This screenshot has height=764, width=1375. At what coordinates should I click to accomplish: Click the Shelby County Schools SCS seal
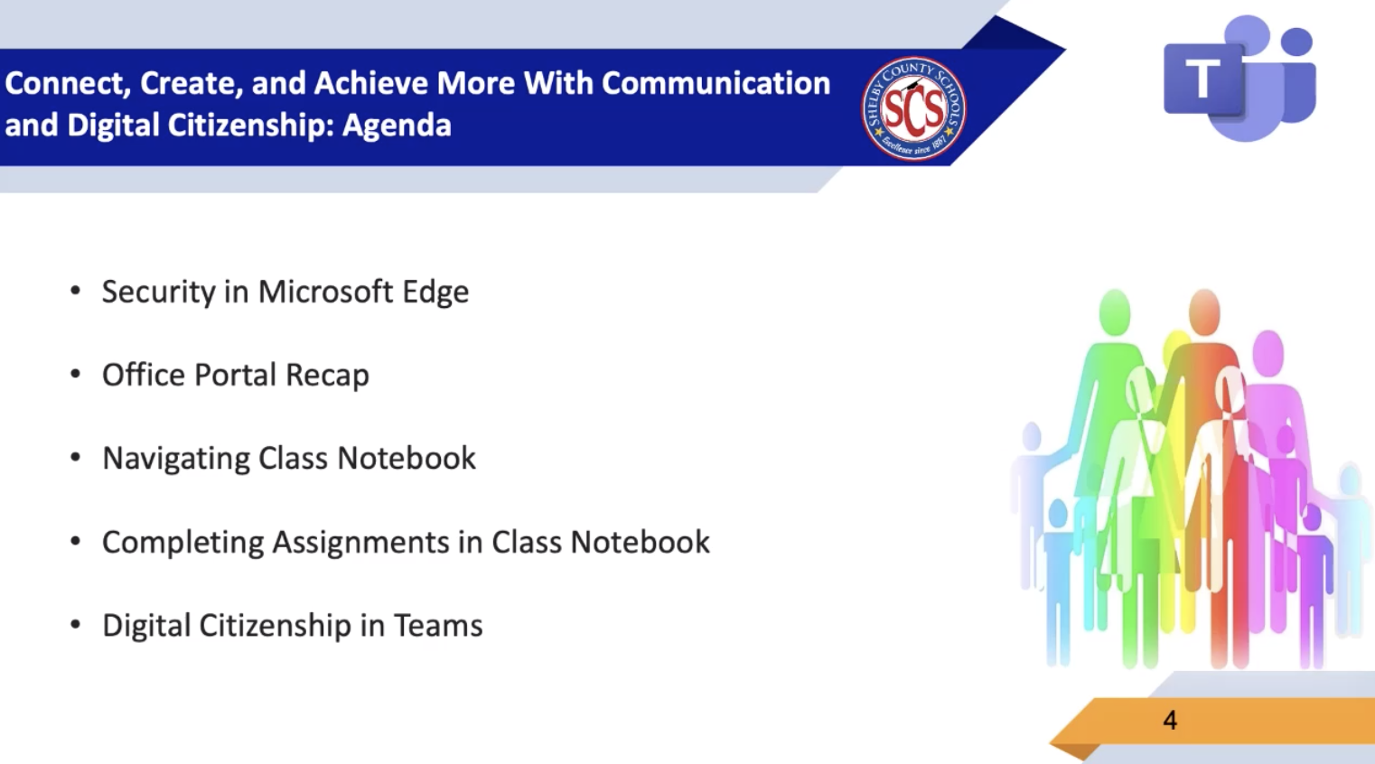click(x=913, y=108)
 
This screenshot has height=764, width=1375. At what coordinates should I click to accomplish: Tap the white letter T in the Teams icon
click(x=1202, y=79)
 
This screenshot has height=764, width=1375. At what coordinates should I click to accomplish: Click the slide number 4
click(x=1170, y=720)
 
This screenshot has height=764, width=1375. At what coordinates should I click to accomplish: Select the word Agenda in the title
click(x=397, y=126)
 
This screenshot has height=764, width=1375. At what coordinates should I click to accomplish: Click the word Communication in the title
click(x=716, y=83)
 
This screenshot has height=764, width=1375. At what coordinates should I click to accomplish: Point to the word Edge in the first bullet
click(x=435, y=292)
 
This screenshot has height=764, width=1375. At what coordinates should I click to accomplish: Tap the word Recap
click(x=327, y=376)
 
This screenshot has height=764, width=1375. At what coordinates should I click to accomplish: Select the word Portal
click(x=235, y=375)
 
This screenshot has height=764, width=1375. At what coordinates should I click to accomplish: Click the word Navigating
click(x=176, y=459)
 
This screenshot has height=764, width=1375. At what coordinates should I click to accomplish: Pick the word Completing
click(x=182, y=543)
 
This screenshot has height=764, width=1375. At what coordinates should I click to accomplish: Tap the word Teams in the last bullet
click(x=437, y=626)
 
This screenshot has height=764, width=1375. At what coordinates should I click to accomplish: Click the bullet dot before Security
click(x=76, y=291)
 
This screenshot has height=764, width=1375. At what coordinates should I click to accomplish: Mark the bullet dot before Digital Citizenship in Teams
click(x=76, y=625)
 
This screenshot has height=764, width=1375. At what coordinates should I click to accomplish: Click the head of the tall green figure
click(x=1114, y=312)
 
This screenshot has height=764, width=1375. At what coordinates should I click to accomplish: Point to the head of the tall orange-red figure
click(x=1203, y=312)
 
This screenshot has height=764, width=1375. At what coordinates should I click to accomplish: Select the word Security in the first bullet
click(x=158, y=292)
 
